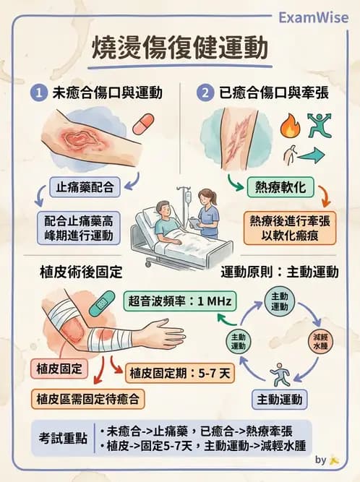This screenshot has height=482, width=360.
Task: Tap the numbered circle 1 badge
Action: [38, 92]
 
